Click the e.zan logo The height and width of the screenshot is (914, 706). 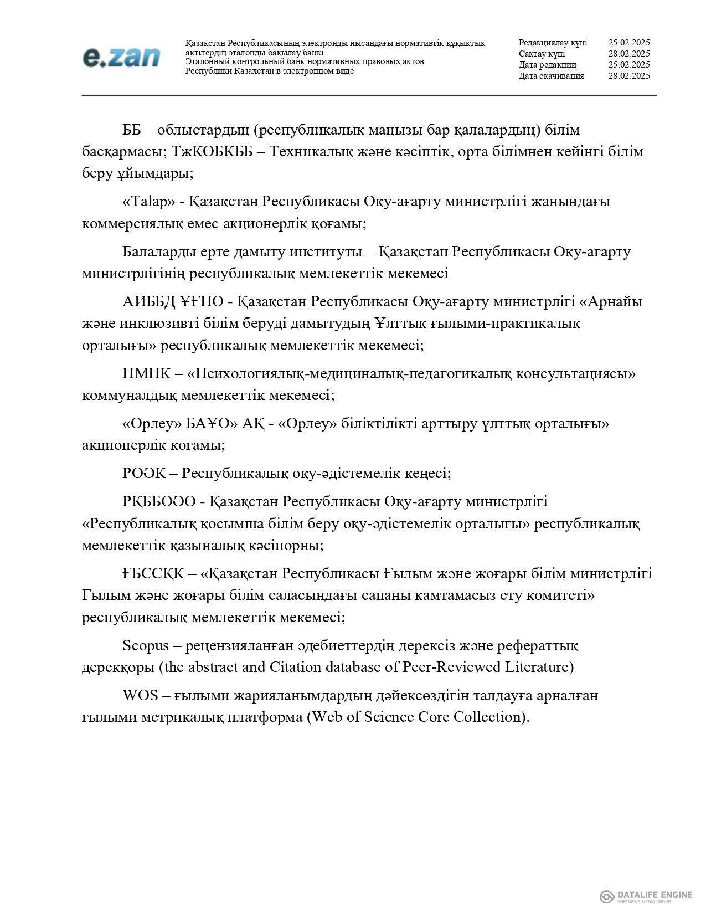(121, 57)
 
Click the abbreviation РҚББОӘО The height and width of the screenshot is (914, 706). (159, 502)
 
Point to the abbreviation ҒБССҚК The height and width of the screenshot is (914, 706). (153, 573)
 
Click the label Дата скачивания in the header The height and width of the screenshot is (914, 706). (551, 76)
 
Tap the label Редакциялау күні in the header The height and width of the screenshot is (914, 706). (553, 43)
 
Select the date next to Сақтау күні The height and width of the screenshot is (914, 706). (628, 54)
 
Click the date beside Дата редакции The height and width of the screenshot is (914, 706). (628, 65)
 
